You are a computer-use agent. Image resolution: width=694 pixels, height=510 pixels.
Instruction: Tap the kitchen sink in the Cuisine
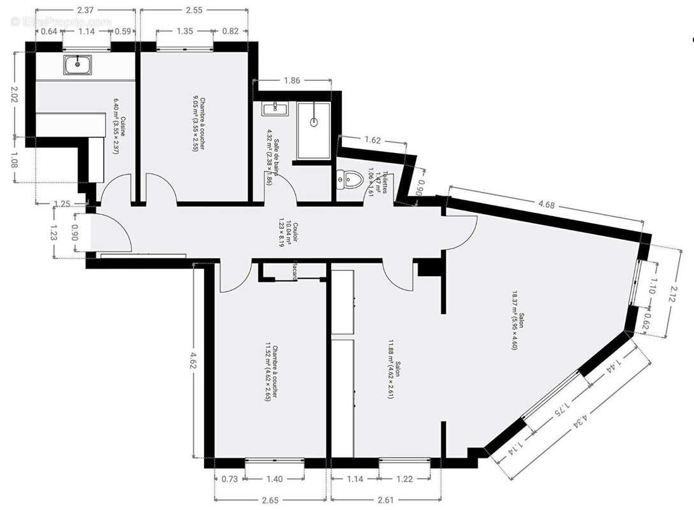click(78, 64)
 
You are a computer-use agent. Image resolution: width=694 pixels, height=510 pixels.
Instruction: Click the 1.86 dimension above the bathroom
click(292, 80)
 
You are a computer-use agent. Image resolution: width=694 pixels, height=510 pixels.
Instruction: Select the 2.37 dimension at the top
click(85, 10)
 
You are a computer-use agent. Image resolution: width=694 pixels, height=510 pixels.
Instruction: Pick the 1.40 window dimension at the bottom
click(276, 479)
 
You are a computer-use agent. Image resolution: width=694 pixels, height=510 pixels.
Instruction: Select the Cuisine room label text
click(120, 121)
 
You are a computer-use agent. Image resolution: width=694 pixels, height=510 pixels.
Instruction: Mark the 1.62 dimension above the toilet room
click(374, 139)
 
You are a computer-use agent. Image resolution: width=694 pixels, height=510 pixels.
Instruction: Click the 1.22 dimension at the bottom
click(405, 479)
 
